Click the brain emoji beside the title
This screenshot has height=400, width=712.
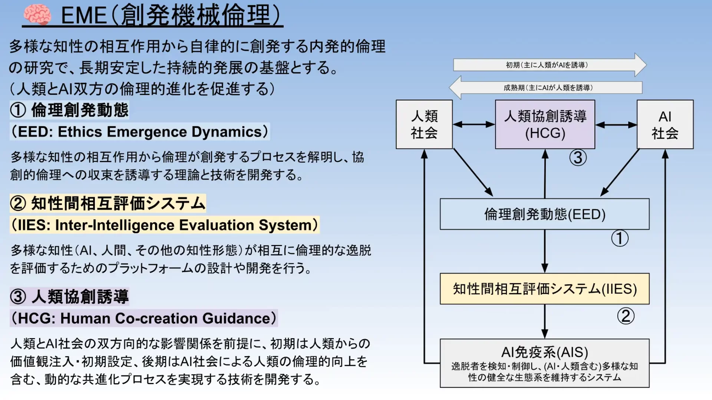tap(37, 15)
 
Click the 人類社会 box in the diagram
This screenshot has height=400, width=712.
tap(424, 125)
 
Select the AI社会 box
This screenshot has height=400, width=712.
tap(665, 125)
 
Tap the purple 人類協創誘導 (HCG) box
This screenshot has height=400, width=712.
tap(545, 125)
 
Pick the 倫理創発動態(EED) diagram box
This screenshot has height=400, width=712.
tap(544, 214)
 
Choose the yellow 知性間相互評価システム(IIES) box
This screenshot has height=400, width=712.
tap(544, 289)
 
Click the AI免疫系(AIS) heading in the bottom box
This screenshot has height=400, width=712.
tap(544, 352)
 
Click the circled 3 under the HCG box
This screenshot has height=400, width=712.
tap(578, 158)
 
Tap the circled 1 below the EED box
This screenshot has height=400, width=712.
tap(620, 238)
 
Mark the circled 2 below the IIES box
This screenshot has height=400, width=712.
tap(626, 316)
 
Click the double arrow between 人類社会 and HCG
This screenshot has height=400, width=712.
tap(474, 125)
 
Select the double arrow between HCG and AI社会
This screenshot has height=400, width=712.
tap(616, 125)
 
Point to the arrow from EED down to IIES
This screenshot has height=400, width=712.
tap(544, 251)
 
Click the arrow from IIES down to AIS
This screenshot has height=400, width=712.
tap(544, 321)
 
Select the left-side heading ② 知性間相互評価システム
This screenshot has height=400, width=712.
tap(108, 204)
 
